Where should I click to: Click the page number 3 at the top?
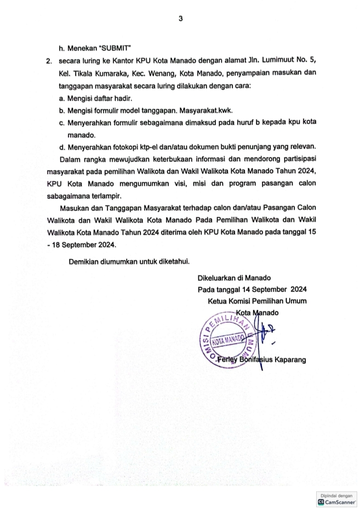coord(180,19)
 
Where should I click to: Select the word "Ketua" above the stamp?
coord(219,301)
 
